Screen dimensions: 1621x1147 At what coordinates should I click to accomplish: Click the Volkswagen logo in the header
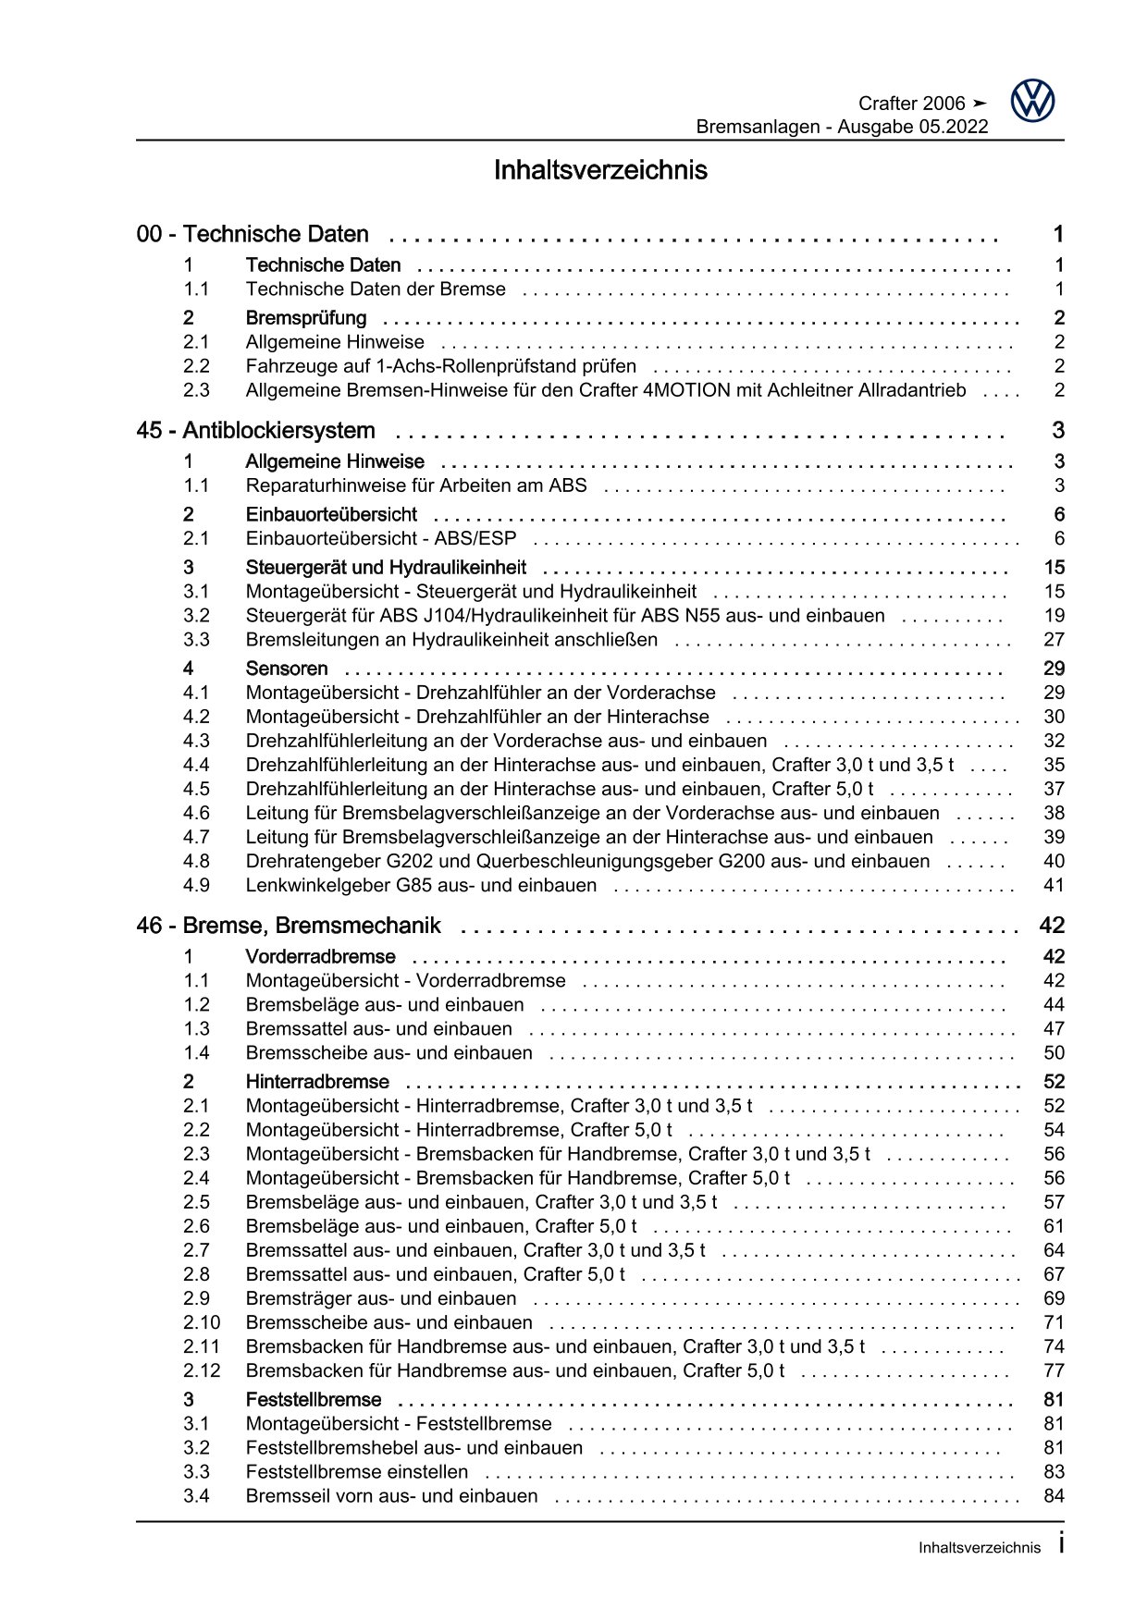[1032, 101]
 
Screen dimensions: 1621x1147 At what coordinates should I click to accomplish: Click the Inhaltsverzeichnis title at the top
[600, 171]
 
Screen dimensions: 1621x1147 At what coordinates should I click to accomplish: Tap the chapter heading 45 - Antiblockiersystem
[255, 431]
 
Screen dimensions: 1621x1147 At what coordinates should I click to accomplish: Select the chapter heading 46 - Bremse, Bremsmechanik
[289, 926]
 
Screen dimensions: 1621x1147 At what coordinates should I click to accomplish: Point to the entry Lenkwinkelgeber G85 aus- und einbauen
[421, 886]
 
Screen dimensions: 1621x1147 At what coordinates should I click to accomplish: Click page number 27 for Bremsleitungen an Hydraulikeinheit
[1054, 640]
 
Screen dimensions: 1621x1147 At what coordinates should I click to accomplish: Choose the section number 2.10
[202, 1322]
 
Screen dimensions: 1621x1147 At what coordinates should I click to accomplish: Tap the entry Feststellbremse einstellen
[357, 1472]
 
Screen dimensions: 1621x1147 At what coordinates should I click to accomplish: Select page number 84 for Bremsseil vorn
[1054, 1496]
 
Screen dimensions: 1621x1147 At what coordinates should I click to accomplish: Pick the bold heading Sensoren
[287, 669]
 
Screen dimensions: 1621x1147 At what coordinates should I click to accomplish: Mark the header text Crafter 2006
[911, 104]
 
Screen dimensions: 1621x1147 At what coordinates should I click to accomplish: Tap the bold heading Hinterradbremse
[317, 1082]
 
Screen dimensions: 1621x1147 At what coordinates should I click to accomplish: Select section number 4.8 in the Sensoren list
[196, 862]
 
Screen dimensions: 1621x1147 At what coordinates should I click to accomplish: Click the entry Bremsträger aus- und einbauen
[381, 1298]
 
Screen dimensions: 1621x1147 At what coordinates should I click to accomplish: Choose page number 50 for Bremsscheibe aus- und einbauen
[1054, 1053]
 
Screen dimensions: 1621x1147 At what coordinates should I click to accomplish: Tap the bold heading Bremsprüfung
[306, 318]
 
